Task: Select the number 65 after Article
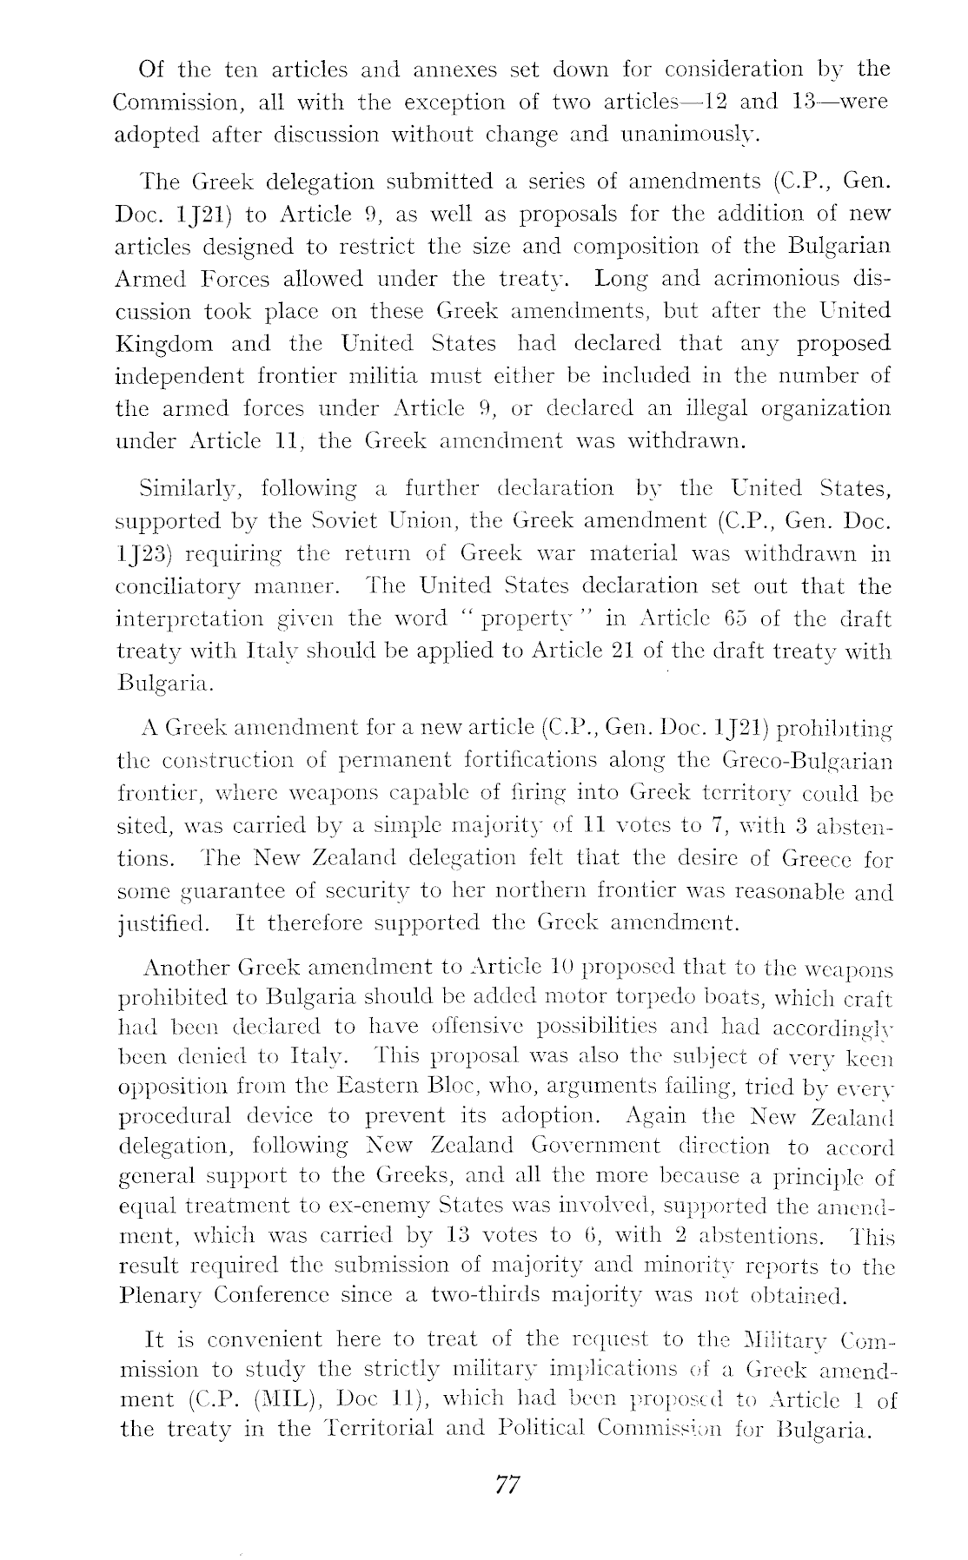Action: pos(715,618)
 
